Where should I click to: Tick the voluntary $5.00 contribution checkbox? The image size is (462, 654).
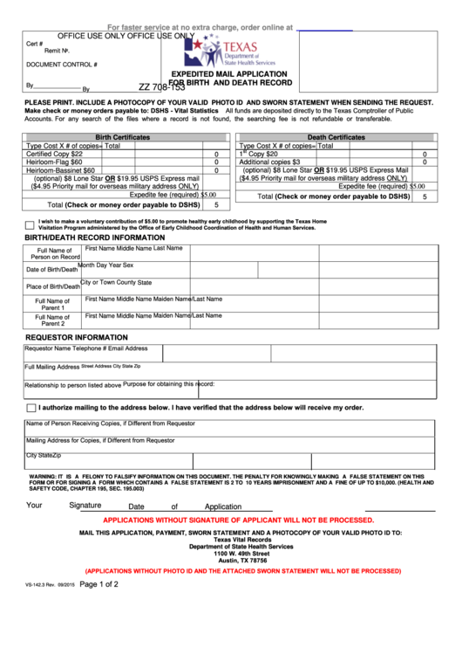[30, 225]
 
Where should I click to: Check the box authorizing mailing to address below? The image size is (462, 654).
[31, 408]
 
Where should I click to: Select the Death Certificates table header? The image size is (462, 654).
[336, 137]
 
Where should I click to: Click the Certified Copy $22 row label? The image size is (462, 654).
[54, 154]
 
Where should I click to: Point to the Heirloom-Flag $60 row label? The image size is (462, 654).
[54, 162]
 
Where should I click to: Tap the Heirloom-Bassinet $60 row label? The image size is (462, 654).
[60, 170]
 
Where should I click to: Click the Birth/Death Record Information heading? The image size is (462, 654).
[94, 238]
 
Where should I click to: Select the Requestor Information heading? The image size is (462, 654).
[77, 337]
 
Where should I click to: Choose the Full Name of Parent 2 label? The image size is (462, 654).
[53, 320]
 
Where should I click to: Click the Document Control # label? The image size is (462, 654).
[62, 65]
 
